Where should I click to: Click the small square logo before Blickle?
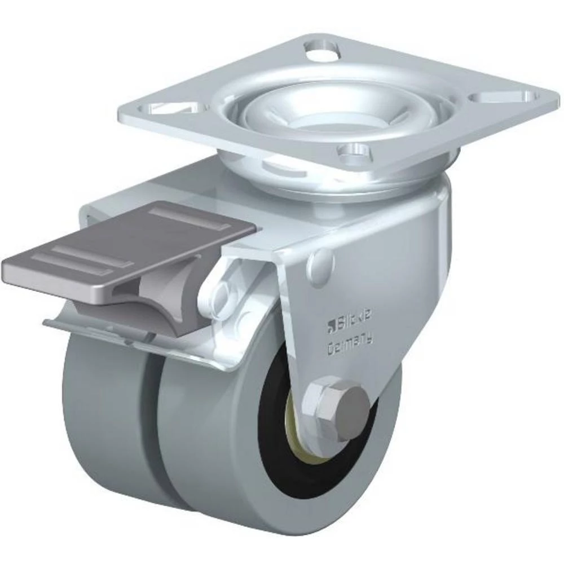[331, 325]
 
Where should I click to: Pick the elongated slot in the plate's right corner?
[497, 96]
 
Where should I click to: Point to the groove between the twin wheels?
[154, 429]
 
